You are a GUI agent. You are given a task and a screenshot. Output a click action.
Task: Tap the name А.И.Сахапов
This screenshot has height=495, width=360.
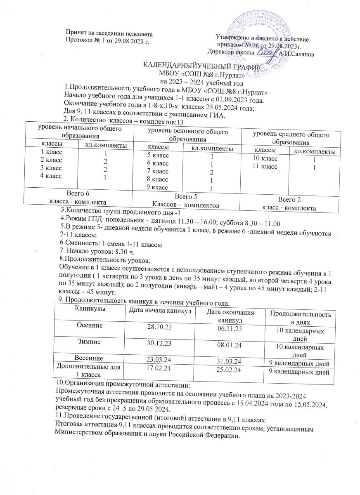pyautogui.click(x=294, y=53)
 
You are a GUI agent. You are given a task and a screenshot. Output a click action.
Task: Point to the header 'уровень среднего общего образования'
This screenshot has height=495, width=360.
pyautogui.click(x=294, y=138)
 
